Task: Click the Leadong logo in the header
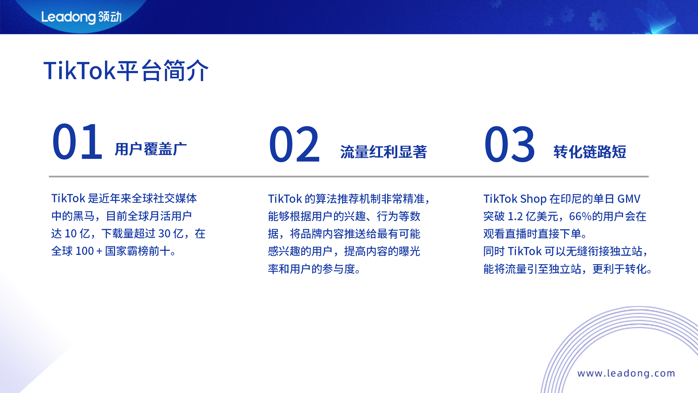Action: (81, 17)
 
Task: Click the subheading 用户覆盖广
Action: (151, 149)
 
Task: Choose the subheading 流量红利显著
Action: (383, 152)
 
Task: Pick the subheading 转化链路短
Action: (589, 152)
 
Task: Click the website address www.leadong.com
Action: (626, 373)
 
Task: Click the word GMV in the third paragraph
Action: (629, 199)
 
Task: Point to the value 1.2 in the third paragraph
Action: (515, 216)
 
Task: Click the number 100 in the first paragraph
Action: (85, 251)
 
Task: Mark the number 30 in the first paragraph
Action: (164, 234)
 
